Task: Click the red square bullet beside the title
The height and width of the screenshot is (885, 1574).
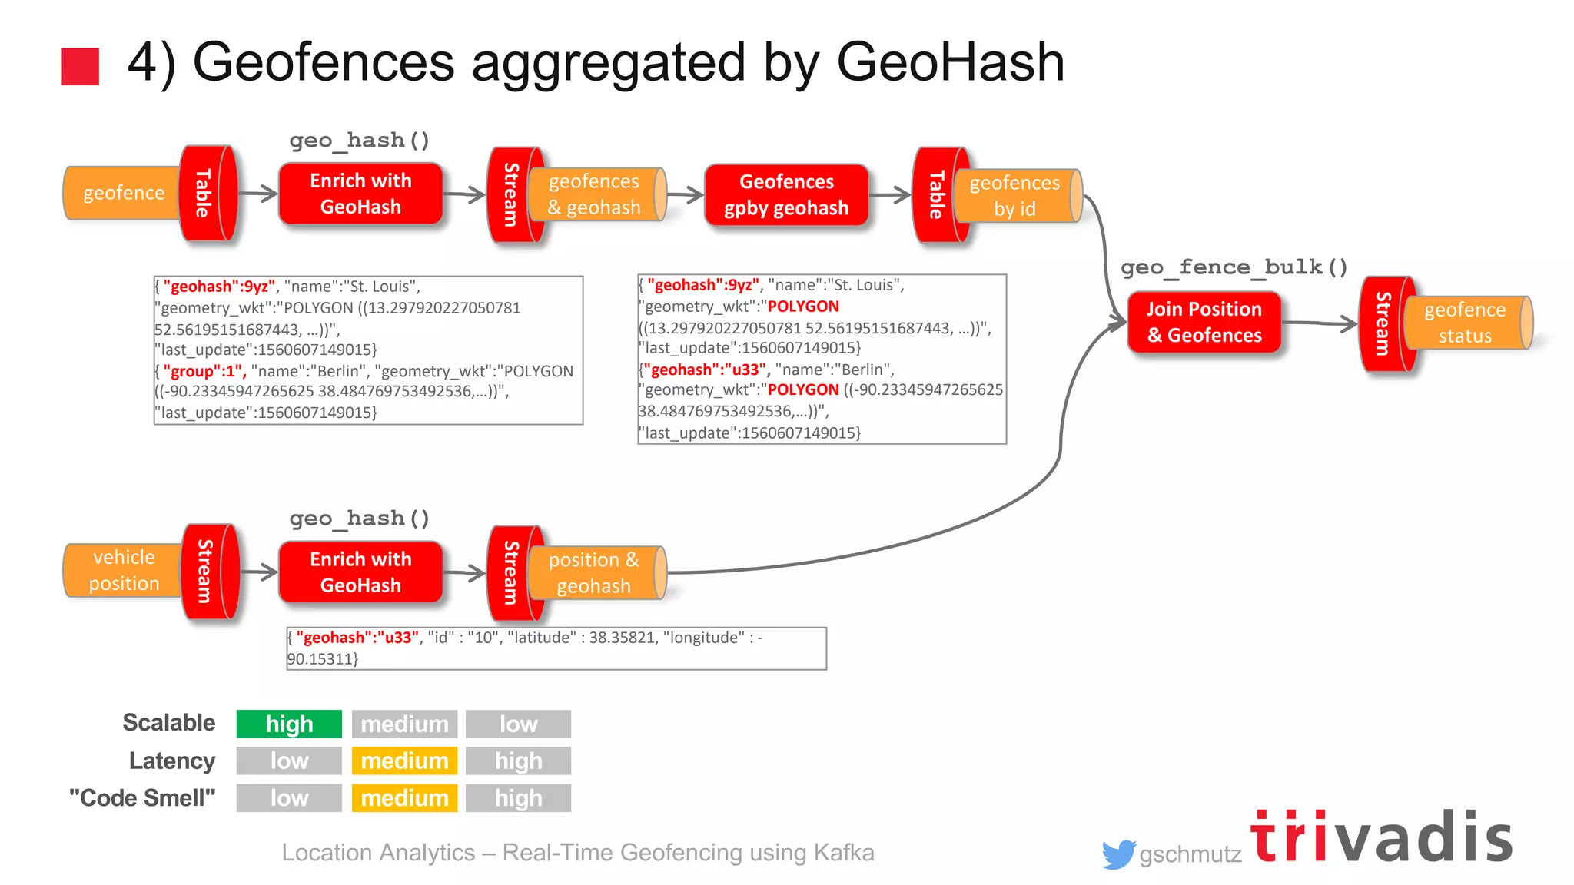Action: tap(80, 66)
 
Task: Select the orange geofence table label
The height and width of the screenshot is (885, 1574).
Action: tap(123, 193)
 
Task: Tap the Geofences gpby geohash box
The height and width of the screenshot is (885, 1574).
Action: tap(785, 194)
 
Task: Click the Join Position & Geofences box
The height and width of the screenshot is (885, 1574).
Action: tap(1204, 322)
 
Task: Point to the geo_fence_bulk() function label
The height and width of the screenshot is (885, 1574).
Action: tap(1234, 267)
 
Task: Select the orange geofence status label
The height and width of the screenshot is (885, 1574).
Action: tap(1464, 323)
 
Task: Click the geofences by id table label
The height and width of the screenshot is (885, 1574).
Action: tap(1014, 195)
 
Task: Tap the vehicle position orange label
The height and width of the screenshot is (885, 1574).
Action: tap(123, 570)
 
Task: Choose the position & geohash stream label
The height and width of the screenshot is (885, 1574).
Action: tap(593, 572)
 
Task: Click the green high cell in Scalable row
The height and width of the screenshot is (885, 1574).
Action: tap(289, 724)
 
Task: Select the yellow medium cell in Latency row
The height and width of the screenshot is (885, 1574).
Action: tap(404, 761)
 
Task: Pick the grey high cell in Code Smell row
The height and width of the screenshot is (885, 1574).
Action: tap(518, 797)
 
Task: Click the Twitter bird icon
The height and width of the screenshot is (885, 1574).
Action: tap(1117, 854)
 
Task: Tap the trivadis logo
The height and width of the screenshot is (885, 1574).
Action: tap(1381, 837)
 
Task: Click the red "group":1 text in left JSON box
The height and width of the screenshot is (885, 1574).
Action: tap(204, 371)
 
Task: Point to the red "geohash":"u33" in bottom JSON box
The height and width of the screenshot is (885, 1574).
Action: tap(357, 638)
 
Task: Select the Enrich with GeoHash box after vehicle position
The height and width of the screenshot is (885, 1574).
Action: tap(360, 572)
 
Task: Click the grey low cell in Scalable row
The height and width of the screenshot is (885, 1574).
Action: tap(518, 724)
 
